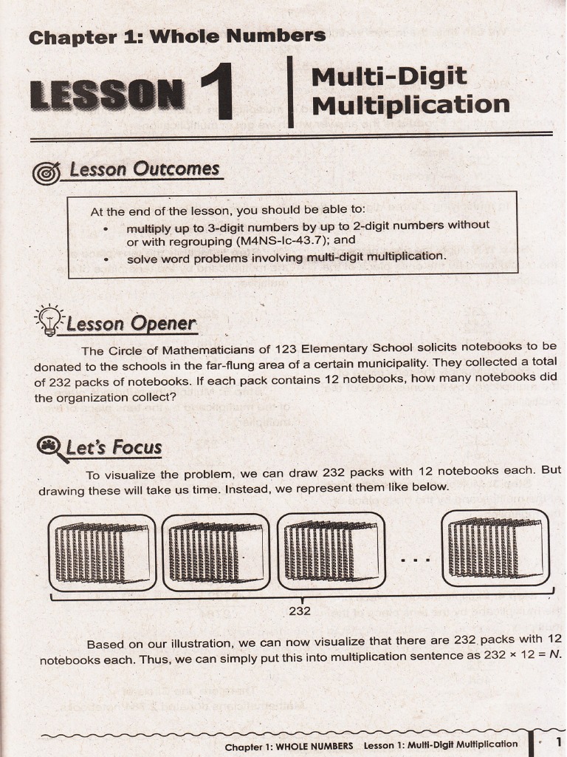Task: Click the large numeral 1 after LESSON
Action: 217,92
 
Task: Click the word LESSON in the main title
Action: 107,95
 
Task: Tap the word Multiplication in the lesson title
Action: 410,104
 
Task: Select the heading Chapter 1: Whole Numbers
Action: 176,35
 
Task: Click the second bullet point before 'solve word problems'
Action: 108,259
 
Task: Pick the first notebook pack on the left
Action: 102,552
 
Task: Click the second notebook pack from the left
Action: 216,552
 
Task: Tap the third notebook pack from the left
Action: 332,552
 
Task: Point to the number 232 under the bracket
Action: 299,611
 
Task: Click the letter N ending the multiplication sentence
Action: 556,655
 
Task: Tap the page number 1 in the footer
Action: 559,741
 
